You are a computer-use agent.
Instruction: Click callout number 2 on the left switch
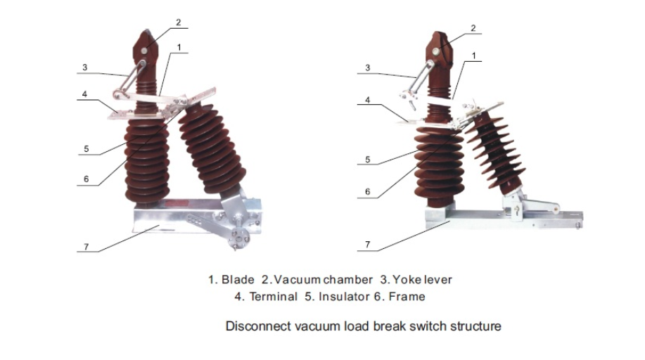pyautogui.click(x=178, y=22)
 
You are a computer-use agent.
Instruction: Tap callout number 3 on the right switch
pyautogui.click(x=367, y=67)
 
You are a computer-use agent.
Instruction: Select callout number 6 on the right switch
pyautogui.click(x=367, y=191)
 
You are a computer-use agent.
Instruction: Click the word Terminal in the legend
pyautogui.click(x=273, y=297)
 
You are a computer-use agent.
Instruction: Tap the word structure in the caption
pyautogui.click(x=477, y=326)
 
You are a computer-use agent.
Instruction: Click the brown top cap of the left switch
pyautogui.click(x=146, y=48)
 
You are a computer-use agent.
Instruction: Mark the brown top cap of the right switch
pyautogui.click(x=439, y=49)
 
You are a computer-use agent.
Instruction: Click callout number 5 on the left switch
pyautogui.click(x=86, y=148)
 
